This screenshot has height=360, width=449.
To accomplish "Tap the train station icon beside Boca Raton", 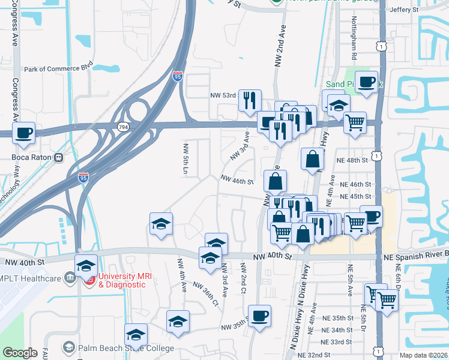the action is [59, 158].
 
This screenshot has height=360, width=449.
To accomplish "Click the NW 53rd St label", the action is [224, 95].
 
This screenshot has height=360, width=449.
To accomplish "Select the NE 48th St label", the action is [354, 161].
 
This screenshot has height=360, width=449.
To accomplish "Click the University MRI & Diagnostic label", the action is [122, 280].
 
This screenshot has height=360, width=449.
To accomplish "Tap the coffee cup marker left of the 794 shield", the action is [23, 133].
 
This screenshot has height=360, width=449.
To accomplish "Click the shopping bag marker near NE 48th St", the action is [312, 160].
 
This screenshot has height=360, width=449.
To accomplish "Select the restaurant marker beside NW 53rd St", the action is [250, 100].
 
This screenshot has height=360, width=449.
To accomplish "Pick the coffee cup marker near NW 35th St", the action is [259, 316].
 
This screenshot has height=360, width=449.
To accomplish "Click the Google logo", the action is [20, 352].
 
